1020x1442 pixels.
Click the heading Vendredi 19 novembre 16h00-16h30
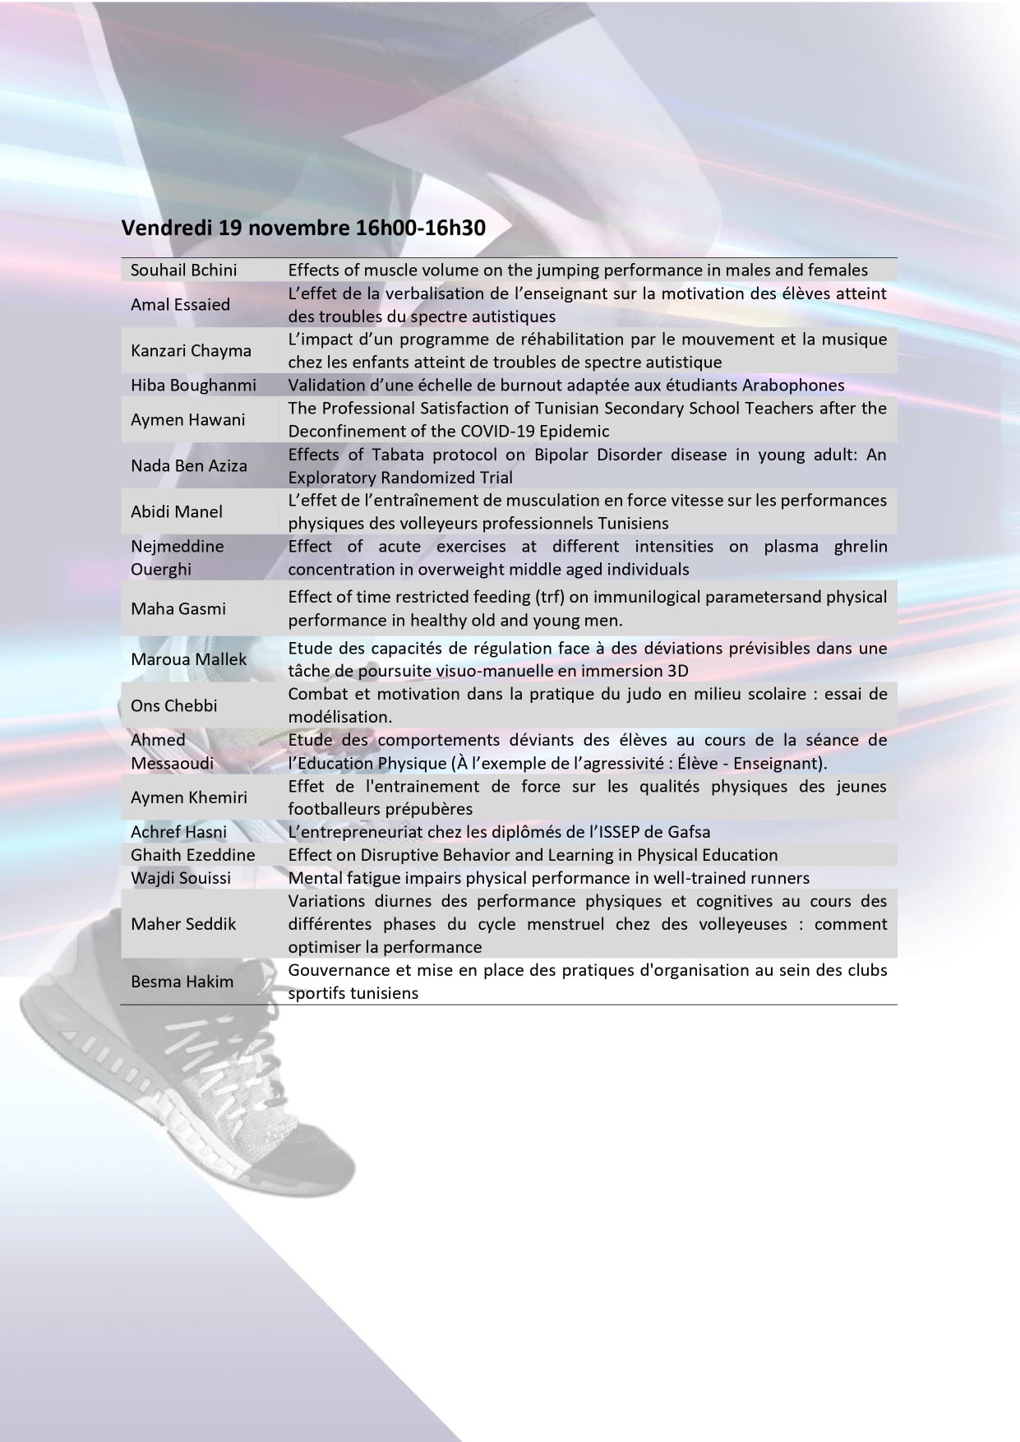click(303, 228)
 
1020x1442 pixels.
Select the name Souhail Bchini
click(183, 270)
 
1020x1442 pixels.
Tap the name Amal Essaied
click(180, 304)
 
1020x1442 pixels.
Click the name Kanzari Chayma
click(191, 350)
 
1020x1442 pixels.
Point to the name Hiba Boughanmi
click(193, 385)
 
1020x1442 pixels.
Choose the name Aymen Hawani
click(187, 419)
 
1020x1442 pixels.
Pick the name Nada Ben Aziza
click(188, 465)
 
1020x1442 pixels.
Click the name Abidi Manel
click(177, 511)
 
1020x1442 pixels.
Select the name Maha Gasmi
click(178, 608)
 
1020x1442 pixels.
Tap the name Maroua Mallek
click(188, 659)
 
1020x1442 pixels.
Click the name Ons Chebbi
click(174, 705)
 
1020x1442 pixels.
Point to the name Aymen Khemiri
click(189, 797)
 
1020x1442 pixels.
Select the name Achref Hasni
click(178, 832)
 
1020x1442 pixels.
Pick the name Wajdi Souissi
click(181, 878)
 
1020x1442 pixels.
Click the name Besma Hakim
click(182, 982)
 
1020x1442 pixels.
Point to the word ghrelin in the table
click(861, 547)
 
